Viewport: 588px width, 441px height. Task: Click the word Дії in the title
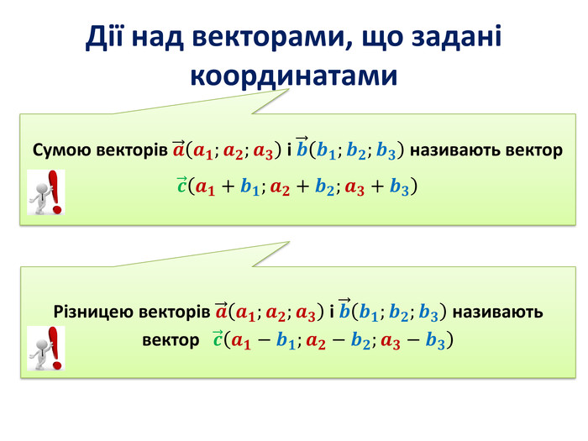(x=104, y=37)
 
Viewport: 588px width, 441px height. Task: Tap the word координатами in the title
(x=294, y=76)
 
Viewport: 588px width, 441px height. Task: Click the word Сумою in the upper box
(x=62, y=150)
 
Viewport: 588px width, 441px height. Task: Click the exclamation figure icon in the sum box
(x=45, y=192)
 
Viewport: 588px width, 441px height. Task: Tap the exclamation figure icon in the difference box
(x=45, y=348)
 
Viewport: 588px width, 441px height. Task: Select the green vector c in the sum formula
(x=182, y=185)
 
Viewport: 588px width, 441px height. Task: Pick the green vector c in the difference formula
(x=218, y=339)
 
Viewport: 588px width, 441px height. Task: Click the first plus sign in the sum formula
(x=228, y=186)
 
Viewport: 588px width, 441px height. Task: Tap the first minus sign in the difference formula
(x=264, y=341)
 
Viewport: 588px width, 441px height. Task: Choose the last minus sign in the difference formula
(x=413, y=341)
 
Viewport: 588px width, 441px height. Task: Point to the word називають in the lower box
(x=498, y=312)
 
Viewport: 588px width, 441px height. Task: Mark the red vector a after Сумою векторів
(x=179, y=149)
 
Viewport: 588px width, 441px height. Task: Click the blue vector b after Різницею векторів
(x=344, y=308)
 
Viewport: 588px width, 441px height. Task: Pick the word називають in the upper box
(x=455, y=150)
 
